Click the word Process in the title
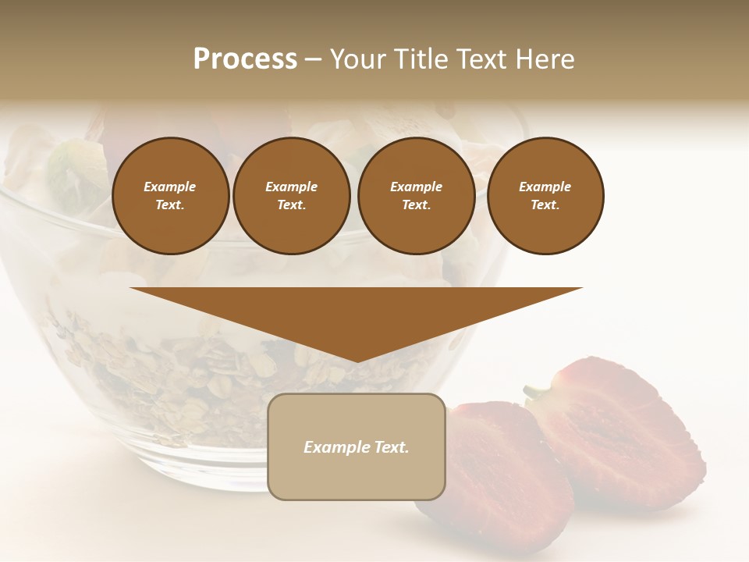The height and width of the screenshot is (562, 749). click(x=245, y=59)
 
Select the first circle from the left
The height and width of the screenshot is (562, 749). click(x=171, y=196)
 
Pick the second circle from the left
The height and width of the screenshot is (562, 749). click(x=292, y=196)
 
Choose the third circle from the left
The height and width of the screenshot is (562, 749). click(x=417, y=196)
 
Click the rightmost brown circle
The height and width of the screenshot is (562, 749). click(x=545, y=196)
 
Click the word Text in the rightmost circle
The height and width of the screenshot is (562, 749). click(x=544, y=205)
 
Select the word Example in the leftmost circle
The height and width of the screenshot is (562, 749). click(x=170, y=187)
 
